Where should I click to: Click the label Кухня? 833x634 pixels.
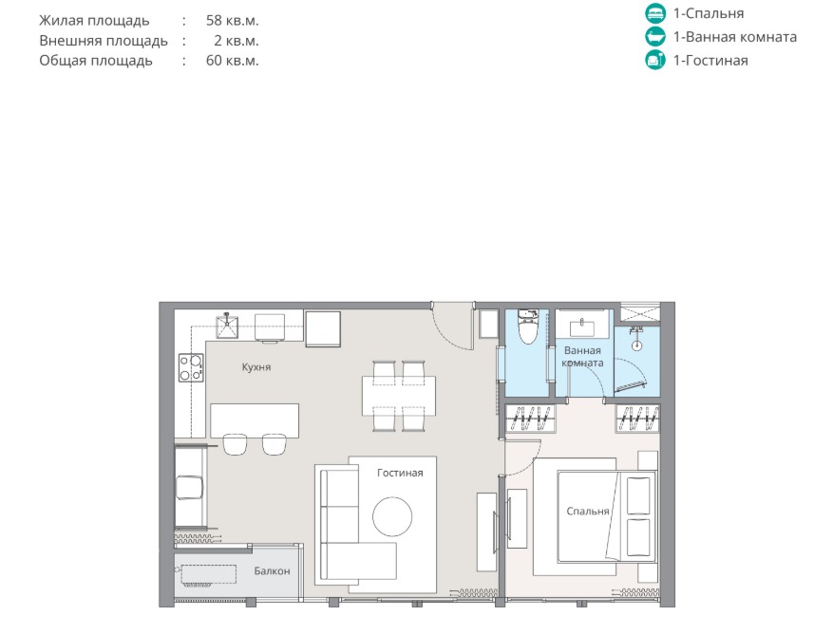point(256,367)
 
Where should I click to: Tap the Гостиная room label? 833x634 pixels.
point(400,473)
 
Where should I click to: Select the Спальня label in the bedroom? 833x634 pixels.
point(588,511)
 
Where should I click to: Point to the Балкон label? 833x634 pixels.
point(272,570)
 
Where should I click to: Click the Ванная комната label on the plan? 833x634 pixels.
point(582,357)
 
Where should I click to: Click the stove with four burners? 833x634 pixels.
point(191,367)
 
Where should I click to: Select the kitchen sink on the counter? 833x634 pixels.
point(227,326)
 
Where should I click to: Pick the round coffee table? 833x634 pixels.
point(392,516)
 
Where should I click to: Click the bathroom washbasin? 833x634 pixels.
point(581,326)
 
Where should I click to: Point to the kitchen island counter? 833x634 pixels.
point(255,421)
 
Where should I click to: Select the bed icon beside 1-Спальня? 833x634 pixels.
point(655,12)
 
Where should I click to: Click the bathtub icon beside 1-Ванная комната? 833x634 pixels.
point(655,37)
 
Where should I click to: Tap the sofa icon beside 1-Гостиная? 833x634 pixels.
point(655,60)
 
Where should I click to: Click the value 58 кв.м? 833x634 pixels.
point(232,21)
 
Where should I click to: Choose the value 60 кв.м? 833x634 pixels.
point(232,61)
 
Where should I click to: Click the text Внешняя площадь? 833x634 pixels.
point(104,41)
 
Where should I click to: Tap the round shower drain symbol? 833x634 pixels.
point(636,345)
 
